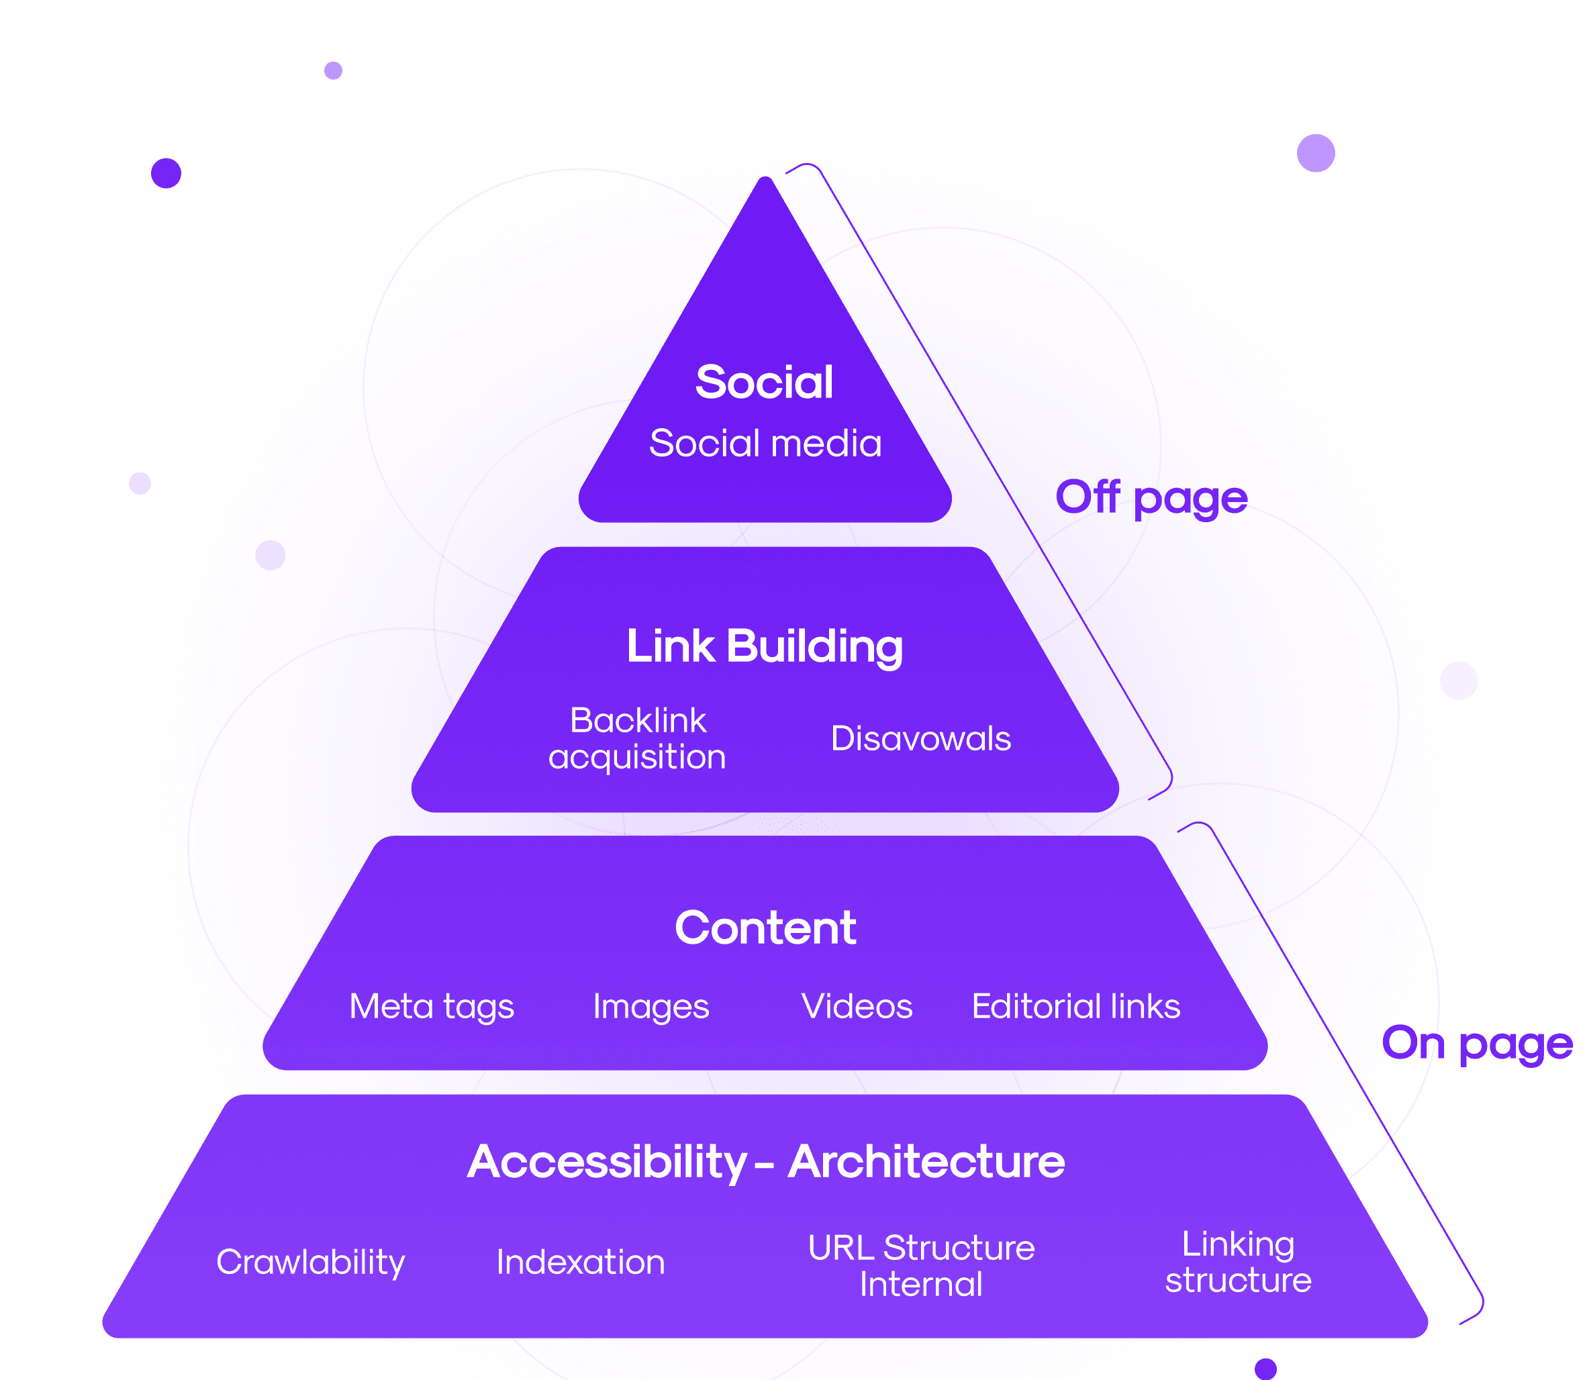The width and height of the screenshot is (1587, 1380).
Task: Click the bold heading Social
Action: click(x=764, y=382)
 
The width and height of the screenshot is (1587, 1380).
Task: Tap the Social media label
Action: click(x=765, y=444)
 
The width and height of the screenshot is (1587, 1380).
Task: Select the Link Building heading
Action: click(x=764, y=646)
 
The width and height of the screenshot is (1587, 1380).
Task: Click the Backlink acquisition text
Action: click(x=638, y=738)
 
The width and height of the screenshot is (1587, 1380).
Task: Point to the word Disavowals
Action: click(x=921, y=738)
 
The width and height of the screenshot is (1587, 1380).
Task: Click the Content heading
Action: click(x=765, y=928)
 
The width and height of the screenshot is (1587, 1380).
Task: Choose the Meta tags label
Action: click(x=431, y=1007)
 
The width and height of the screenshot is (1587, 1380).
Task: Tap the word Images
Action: click(x=651, y=1007)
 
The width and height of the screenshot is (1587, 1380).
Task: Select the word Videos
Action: click(x=857, y=1007)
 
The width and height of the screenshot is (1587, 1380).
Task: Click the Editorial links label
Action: click(x=1075, y=1007)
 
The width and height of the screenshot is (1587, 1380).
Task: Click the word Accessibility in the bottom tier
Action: click(x=607, y=1162)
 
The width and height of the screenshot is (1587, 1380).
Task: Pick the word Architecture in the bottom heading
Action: click(x=926, y=1162)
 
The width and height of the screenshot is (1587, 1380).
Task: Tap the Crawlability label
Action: click(x=310, y=1262)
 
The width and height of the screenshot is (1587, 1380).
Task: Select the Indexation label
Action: click(x=581, y=1262)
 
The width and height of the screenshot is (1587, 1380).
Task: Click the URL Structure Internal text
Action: click(x=921, y=1265)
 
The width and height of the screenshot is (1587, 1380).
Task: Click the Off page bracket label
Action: click(x=1151, y=497)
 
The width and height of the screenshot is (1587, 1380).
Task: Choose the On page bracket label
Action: click(x=1477, y=1044)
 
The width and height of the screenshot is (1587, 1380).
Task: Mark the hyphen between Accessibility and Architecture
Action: click(x=764, y=1165)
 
